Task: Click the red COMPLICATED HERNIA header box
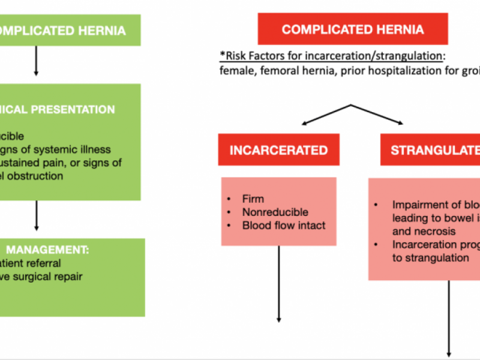352,29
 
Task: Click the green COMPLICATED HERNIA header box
70,30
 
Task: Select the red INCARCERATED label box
278,150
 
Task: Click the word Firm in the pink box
253,199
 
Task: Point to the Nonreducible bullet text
275,212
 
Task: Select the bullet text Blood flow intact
284,226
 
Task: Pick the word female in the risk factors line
235,71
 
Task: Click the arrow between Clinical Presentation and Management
36,216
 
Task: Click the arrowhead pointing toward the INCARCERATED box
304,123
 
